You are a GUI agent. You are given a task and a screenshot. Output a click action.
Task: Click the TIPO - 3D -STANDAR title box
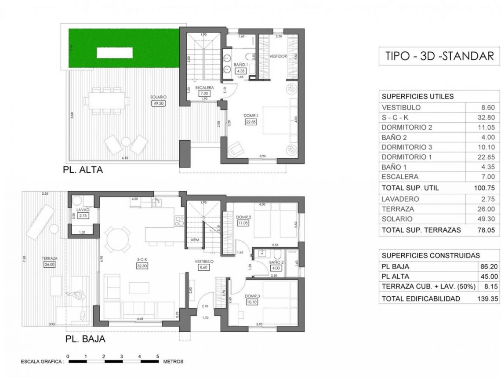click(x=439, y=56)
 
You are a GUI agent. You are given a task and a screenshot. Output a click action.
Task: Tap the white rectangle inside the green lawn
click(x=115, y=53)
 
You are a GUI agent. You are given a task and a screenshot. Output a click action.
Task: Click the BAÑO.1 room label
click(x=240, y=65)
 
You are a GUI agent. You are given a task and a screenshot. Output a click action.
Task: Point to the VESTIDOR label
click(x=278, y=56)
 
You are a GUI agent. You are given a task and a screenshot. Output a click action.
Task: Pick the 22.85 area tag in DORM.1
click(x=250, y=123)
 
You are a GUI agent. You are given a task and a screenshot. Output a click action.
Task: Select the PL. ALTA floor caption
click(x=83, y=170)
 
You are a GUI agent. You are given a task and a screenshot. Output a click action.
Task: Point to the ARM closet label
click(x=195, y=240)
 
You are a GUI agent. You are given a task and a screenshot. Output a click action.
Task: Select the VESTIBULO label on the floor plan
click(x=204, y=261)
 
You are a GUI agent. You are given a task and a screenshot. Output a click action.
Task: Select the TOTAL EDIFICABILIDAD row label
click(x=421, y=298)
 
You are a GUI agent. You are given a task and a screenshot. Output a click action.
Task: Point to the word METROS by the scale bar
click(x=173, y=362)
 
